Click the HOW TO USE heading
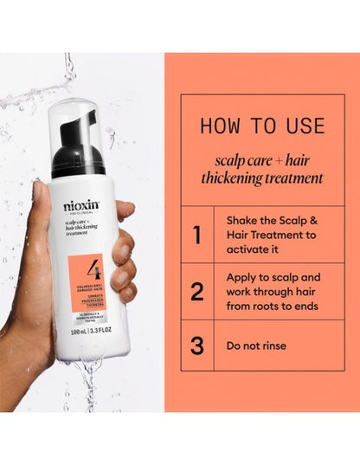[x=261, y=125]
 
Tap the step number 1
[x=197, y=234]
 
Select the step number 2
[x=197, y=291]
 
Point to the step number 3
[x=197, y=346]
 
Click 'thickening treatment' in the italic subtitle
[x=261, y=178]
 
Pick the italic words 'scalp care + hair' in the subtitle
[x=261, y=159]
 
